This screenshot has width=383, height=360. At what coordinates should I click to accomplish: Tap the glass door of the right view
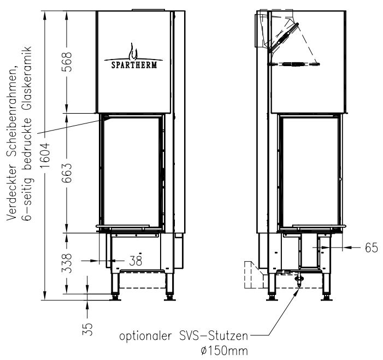click(x=309, y=172)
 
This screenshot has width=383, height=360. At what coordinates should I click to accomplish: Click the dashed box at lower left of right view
click(x=253, y=274)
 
